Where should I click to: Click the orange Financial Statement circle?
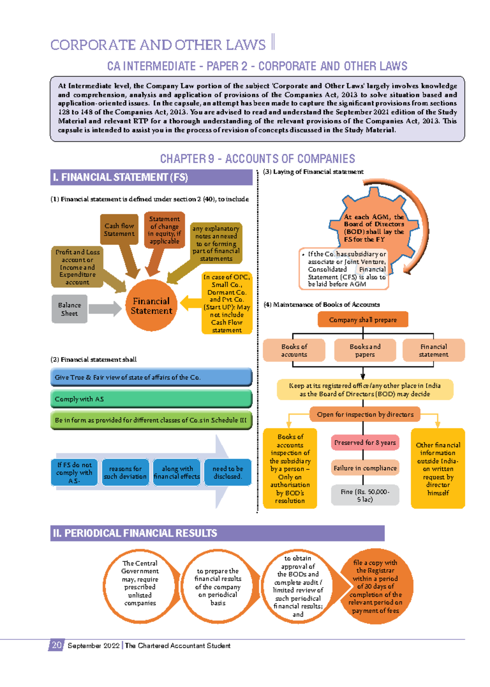tap(151, 306)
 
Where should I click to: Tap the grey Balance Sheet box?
tap(69, 309)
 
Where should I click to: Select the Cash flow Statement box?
tap(119, 229)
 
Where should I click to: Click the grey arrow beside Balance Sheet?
tap(105, 309)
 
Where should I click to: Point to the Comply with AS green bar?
tap(151, 399)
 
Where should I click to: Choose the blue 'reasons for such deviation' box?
tap(125, 473)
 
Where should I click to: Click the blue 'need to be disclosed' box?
tap(227, 473)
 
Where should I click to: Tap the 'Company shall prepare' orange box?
tap(363, 320)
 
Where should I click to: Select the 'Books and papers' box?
tap(365, 350)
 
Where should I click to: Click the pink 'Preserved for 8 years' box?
tap(365, 442)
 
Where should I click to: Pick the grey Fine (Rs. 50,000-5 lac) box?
tap(365, 495)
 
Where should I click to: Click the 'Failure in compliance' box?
tap(365, 468)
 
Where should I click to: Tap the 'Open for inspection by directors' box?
tap(365, 414)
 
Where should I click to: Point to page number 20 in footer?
tap(56, 645)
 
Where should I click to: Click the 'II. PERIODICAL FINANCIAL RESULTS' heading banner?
tap(217, 533)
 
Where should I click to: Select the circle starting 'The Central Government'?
tap(140, 583)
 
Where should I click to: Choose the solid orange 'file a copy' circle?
tap(376, 586)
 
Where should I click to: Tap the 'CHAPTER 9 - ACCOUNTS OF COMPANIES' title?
tap(257, 159)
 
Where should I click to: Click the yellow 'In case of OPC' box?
tap(227, 303)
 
